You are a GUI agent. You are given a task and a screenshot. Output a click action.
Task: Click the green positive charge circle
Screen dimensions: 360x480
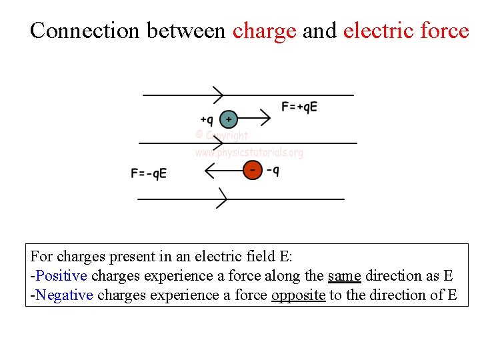point(229,119)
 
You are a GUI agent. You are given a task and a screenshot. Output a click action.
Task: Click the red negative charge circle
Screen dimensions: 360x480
point(252,170)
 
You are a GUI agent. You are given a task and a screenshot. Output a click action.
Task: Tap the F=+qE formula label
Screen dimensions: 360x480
point(299,107)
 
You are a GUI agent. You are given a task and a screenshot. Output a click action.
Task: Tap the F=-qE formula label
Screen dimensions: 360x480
point(149,174)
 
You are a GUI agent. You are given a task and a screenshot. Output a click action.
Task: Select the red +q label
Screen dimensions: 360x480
point(207,120)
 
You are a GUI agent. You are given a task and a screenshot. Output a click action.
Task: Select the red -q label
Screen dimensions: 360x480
point(273,170)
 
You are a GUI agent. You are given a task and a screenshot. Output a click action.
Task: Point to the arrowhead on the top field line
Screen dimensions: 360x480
point(218,95)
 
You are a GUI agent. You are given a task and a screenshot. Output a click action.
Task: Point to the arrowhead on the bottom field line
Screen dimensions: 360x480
point(223,198)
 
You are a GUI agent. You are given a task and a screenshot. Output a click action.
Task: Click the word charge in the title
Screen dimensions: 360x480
point(264,31)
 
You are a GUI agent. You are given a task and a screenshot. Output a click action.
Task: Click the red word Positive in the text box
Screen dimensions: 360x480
point(61,275)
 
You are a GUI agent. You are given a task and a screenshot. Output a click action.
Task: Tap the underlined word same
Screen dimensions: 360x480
point(344,275)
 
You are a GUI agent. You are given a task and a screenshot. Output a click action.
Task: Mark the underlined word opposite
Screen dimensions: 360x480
point(298,295)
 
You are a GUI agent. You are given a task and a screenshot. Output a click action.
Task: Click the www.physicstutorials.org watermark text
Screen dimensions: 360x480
point(249,153)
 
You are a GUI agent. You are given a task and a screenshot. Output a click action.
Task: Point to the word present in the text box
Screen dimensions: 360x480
point(125,256)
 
